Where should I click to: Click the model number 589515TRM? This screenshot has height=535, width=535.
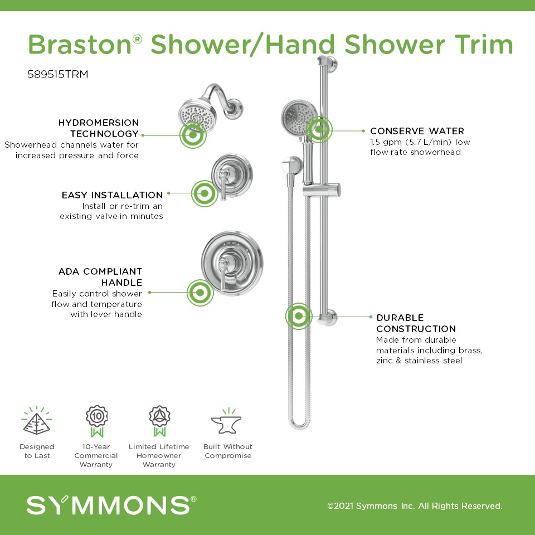(x=57, y=74)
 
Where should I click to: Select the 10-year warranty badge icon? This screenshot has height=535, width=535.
(x=96, y=421)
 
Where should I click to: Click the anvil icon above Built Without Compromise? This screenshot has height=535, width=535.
(x=227, y=421)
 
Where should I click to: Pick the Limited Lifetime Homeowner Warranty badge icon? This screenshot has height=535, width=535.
(x=159, y=421)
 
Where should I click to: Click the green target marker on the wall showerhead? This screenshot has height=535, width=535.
(x=193, y=135)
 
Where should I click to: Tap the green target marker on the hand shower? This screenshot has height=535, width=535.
(x=319, y=129)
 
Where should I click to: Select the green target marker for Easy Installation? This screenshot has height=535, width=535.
(x=205, y=193)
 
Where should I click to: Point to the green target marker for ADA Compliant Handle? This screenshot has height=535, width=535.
(x=200, y=293)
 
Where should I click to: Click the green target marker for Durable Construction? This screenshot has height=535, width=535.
(x=299, y=316)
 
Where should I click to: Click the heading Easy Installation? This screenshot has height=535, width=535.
(x=112, y=195)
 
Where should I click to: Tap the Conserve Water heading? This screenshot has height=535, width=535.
(x=417, y=131)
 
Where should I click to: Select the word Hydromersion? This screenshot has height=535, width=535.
(x=99, y=123)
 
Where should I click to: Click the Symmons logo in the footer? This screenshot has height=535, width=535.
(x=111, y=505)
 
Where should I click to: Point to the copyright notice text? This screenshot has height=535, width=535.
(x=415, y=505)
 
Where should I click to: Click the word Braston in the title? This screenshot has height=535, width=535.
(x=80, y=45)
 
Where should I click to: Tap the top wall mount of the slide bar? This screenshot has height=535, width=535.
(x=327, y=64)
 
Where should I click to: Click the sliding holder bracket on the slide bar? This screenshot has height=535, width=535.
(x=322, y=190)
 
